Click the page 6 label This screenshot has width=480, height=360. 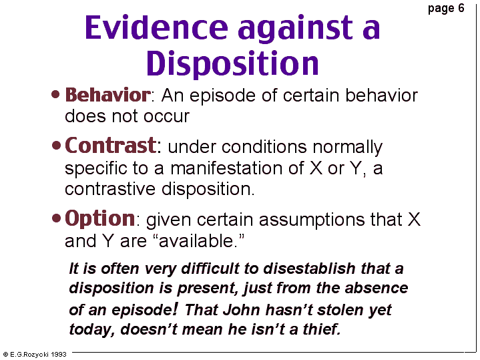click(446, 8)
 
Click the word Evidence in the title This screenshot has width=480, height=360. click(156, 27)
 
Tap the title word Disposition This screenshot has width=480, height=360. click(232, 63)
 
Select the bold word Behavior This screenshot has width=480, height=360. click(107, 95)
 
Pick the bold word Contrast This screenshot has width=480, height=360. click(111, 146)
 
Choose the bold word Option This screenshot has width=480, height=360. click(99, 219)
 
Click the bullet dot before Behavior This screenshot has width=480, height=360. click(55, 94)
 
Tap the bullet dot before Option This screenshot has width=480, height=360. click(56, 218)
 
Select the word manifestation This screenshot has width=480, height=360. click(237, 168)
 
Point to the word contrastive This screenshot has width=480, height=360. click(110, 189)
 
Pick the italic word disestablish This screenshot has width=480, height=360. click(309, 268)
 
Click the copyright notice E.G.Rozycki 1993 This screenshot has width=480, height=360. click(35, 355)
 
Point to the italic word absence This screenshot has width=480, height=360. click(377, 288)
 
